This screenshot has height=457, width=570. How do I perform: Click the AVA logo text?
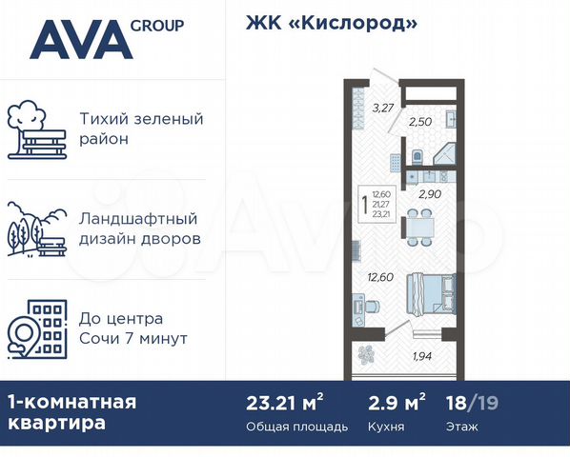pos(79,40)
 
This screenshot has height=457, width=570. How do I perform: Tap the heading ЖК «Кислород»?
pos(325,23)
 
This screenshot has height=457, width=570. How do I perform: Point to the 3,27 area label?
pos(383,107)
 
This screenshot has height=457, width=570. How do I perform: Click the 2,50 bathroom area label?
pos(419,122)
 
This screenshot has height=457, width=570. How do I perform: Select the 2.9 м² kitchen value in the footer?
pos(396,402)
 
